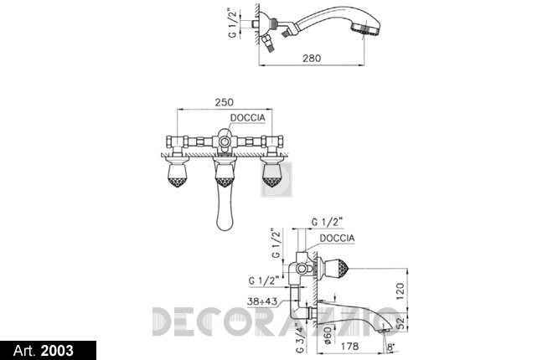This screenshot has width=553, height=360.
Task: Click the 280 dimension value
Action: tap(312, 58)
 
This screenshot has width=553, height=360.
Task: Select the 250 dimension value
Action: tap(225, 102)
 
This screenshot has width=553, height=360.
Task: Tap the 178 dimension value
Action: tap(349, 347)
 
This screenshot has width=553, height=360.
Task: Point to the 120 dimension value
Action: tap(401, 291)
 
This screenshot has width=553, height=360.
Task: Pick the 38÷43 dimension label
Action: tap(262, 302)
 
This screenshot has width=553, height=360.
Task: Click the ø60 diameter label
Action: tap(327, 335)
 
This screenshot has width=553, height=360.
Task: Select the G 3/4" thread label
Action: tap(300, 337)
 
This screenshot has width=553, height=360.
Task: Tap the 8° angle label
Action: tap(390, 347)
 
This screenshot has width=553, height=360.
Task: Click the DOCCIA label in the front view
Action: tap(247, 118)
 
